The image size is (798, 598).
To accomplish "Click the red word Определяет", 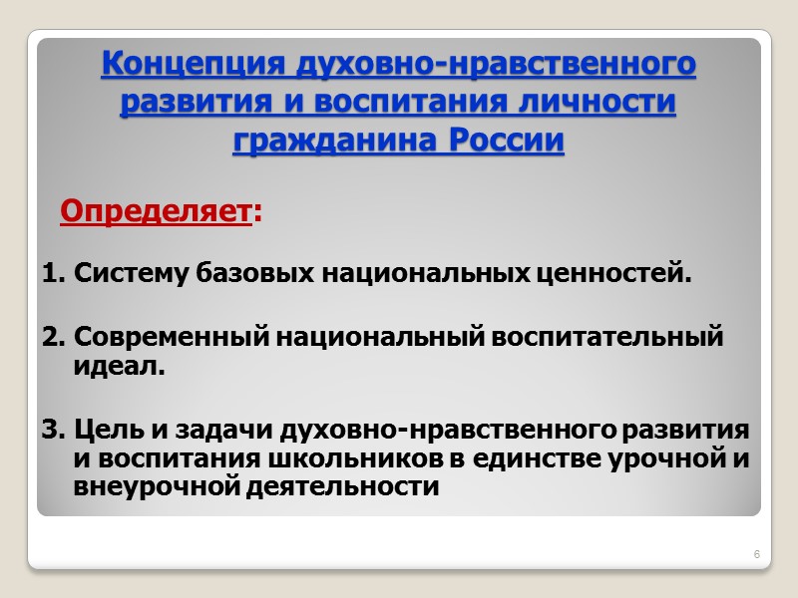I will [154, 211].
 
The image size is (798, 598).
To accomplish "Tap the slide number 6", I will [756, 554].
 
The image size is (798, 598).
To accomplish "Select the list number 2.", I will [52, 337].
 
